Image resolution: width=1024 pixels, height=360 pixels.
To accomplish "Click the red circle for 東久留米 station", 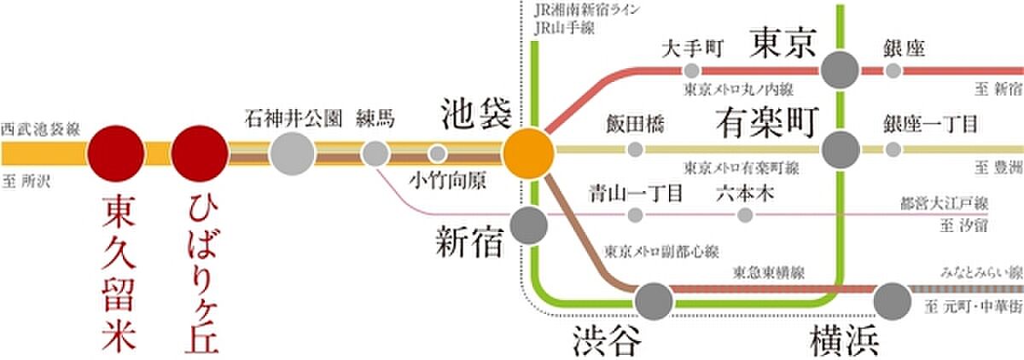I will coord(117,154).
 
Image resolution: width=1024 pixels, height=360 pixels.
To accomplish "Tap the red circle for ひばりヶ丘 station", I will coord(199,154).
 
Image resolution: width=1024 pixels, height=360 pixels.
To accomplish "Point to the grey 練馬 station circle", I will coord(375,154).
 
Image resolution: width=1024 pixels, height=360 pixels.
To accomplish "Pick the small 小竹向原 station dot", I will coord(437,154).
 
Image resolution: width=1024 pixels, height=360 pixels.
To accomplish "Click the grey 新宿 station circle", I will coord(528,225).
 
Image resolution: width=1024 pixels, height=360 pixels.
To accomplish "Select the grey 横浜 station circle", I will coord(893,299).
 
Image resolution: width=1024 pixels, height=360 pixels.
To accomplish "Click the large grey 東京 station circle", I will coord(841,70).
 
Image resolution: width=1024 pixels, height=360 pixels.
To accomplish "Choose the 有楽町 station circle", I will coord(841,150).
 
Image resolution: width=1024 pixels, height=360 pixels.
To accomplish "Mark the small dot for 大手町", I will coord(692,70).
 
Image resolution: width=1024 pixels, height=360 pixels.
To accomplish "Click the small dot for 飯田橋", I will coord(634,150).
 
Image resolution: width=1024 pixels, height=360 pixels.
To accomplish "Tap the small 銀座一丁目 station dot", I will coord(893,150).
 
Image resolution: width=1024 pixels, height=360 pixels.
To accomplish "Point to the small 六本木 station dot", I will coord(746,216).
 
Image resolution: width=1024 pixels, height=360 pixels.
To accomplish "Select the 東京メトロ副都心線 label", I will coord(662,252).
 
